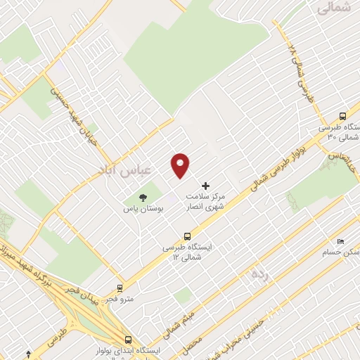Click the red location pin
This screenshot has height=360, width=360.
point(181,165)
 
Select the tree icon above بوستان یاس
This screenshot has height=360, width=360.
point(143,198)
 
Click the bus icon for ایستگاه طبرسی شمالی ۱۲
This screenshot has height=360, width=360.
point(187,236)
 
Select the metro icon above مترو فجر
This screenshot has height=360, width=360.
point(120,288)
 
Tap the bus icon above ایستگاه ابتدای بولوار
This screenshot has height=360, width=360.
point(128,338)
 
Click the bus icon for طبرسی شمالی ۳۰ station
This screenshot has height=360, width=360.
point(342,116)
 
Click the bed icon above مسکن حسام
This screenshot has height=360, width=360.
point(340,240)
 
